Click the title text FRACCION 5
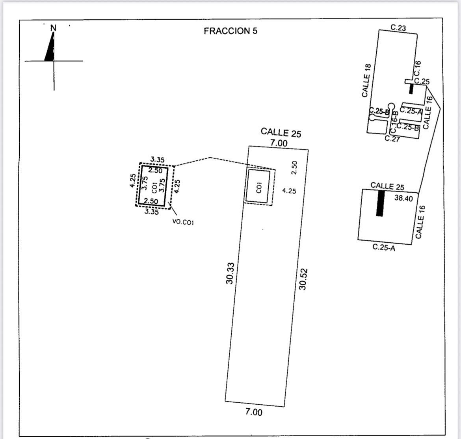tap(230, 31)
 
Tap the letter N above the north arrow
tap(54, 28)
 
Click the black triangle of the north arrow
tap(50, 49)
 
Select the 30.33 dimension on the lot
tap(231, 273)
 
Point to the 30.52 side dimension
tap(303, 279)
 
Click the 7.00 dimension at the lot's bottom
tap(254, 412)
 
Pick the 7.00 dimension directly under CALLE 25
tap(279, 143)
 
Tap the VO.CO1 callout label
tap(183, 222)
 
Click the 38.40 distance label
tap(403, 199)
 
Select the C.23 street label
tap(398, 28)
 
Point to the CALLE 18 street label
tap(366, 80)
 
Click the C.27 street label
tap(392, 139)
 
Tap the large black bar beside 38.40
tap(380, 203)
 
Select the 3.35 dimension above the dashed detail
tap(158, 160)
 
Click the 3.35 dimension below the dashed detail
tap(152, 212)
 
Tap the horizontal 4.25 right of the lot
tap(289, 191)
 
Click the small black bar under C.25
tap(411, 89)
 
